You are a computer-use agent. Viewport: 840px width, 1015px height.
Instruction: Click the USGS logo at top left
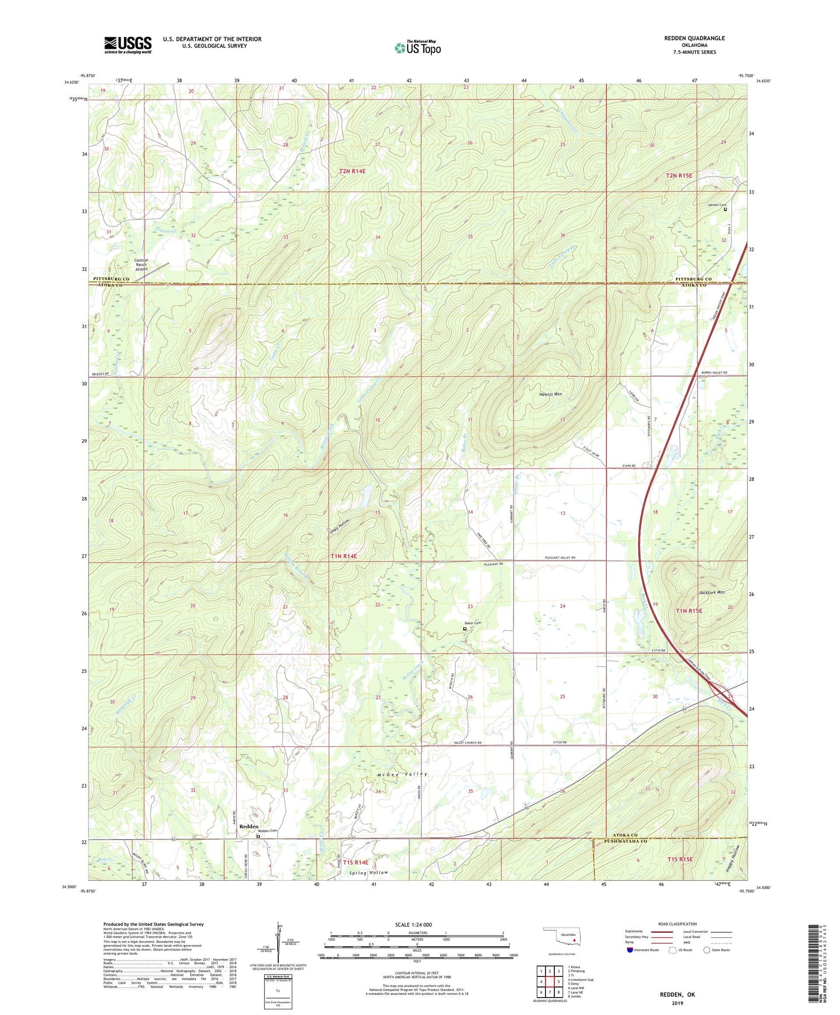[x=128, y=45]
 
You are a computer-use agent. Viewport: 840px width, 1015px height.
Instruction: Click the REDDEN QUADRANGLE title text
[x=694, y=38]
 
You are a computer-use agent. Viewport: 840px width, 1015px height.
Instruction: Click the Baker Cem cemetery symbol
[x=465, y=629]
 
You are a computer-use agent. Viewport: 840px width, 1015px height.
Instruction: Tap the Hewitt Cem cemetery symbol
[x=725, y=211]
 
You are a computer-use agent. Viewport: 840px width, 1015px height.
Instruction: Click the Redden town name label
[x=249, y=826]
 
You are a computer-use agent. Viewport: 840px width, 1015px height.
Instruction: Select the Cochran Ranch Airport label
[x=141, y=264]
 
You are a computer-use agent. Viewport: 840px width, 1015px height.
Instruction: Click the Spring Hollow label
[x=368, y=873]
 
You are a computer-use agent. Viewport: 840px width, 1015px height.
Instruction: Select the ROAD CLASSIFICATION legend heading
[x=678, y=924]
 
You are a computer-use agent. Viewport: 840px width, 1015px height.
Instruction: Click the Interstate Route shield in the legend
[x=630, y=950]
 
